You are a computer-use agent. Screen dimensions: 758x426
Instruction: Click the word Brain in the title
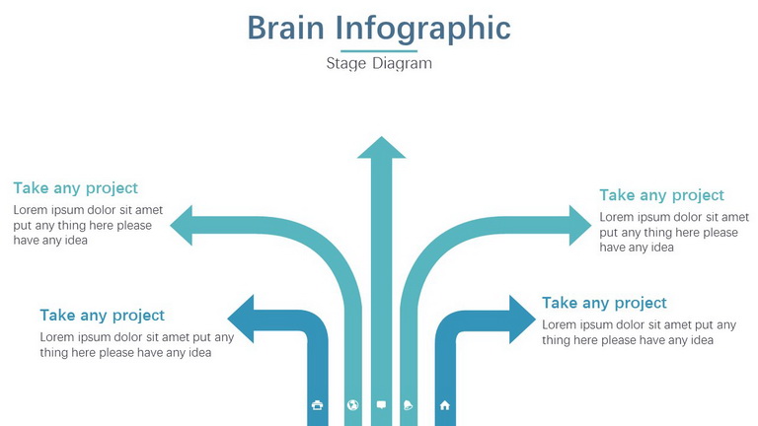[x=285, y=28]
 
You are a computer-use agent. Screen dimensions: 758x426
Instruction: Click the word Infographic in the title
[x=423, y=30]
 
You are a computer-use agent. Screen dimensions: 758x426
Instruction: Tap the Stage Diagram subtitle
[x=379, y=63]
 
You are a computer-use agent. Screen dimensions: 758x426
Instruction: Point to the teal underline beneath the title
[x=379, y=50]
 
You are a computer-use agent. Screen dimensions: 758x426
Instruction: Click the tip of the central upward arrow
[x=381, y=137]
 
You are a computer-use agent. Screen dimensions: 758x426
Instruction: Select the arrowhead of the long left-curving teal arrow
[x=182, y=225]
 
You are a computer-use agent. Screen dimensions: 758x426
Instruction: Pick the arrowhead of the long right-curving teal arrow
[x=579, y=225]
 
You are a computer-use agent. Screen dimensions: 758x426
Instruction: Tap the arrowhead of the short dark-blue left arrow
[x=241, y=319]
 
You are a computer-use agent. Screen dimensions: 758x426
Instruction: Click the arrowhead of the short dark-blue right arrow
[x=522, y=319]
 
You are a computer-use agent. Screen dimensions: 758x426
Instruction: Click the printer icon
[x=317, y=405]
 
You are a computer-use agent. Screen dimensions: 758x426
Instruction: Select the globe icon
[x=353, y=405]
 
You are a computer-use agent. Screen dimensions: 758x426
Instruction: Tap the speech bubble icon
[x=381, y=405]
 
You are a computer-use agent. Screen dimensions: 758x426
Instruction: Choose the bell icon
[x=408, y=405]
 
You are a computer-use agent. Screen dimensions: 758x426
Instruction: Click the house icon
[x=445, y=405]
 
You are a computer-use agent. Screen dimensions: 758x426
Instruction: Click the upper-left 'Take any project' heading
[x=75, y=188]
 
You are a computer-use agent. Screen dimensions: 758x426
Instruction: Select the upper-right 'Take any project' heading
[x=662, y=195]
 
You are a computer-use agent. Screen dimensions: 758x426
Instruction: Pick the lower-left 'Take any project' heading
[x=102, y=316]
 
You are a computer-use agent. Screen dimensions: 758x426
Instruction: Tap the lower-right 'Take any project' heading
[x=604, y=304]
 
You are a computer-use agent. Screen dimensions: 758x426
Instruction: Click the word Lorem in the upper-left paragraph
[x=30, y=210]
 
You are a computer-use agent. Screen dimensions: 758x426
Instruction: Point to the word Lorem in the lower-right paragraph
[x=559, y=325]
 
